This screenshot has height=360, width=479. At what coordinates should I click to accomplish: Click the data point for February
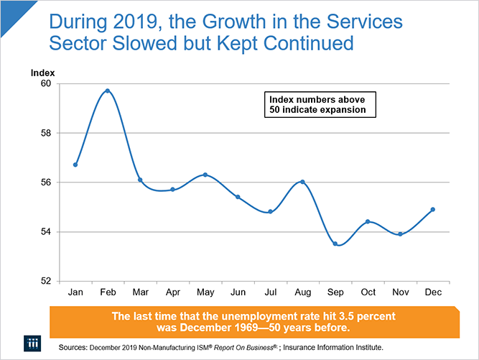click(108, 91)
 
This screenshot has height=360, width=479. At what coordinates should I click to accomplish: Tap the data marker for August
click(302, 182)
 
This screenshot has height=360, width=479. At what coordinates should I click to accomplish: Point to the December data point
click(432, 209)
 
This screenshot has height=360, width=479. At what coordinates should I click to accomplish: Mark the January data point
click(75, 165)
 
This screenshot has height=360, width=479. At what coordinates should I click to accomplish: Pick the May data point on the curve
click(205, 175)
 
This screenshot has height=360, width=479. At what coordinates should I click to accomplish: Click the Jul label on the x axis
click(270, 293)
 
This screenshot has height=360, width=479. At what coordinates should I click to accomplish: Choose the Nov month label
click(400, 293)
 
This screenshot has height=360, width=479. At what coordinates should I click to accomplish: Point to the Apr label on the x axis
click(172, 293)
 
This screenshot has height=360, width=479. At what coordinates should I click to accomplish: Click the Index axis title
click(42, 73)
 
